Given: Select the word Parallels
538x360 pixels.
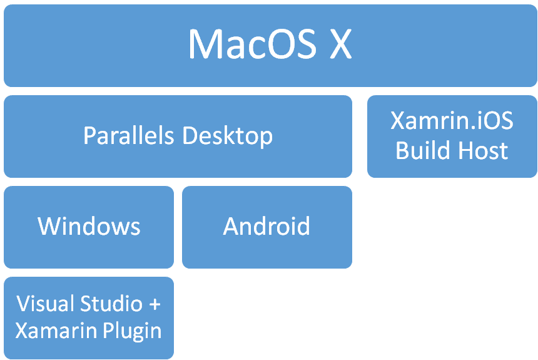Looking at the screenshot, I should (x=129, y=135).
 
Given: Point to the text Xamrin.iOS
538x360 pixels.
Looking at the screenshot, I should (x=452, y=121).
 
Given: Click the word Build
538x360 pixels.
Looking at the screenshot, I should (x=422, y=151).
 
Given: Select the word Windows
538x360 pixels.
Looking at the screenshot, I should (x=89, y=226).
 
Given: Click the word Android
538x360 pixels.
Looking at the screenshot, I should (x=266, y=226).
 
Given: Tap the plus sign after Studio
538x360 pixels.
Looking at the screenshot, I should (x=154, y=304).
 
